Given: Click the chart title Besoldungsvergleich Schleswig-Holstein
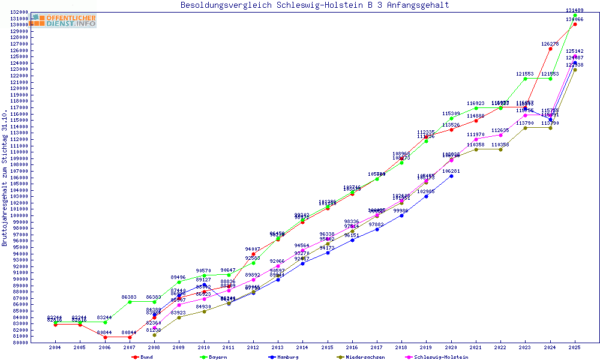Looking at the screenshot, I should coord(314,5).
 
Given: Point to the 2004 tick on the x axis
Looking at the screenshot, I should coord(55,347).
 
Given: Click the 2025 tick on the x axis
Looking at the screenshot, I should coord(575,347).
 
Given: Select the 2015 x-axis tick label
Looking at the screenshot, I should coord(327,347).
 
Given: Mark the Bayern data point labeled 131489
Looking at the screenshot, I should coord(575,15).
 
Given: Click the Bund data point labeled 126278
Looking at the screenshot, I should coord(550,49).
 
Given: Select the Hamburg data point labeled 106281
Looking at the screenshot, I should coord(451,176).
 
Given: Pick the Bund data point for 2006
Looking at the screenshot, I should coord(105,337).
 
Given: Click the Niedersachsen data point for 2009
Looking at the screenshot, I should coord(179,317).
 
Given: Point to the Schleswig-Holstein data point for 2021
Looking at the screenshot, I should coord(476,139).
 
